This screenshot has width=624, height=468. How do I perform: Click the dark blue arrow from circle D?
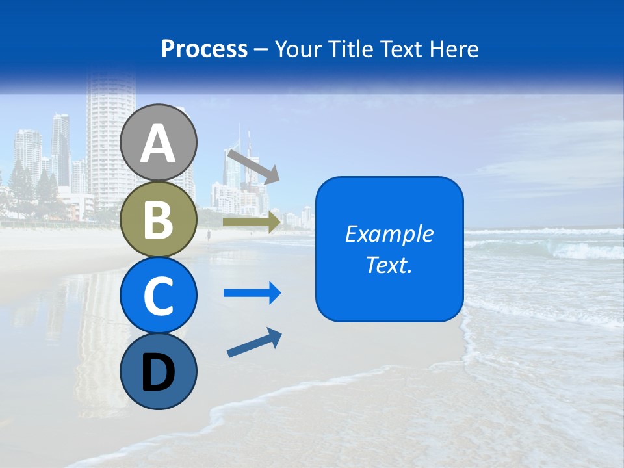[254, 343]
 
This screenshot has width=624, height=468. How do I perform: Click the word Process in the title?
[204, 49]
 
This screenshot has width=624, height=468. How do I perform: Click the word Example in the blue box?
[389, 234]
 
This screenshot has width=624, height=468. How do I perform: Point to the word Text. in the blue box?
[389, 265]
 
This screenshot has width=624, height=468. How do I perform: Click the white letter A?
[159, 144]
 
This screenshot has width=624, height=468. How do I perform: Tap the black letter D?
[159, 373]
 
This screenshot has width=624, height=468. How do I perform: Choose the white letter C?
[159, 296]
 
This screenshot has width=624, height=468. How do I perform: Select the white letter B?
[159, 220]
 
